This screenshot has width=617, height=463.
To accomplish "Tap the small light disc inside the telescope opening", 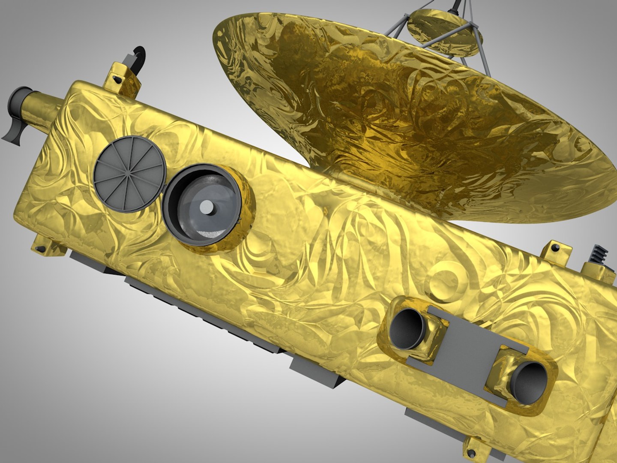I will (x=207, y=207).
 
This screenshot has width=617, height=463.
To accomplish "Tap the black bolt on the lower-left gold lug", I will (x=40, y=248).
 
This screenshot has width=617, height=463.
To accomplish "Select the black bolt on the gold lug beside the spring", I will (x=555, y=248).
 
